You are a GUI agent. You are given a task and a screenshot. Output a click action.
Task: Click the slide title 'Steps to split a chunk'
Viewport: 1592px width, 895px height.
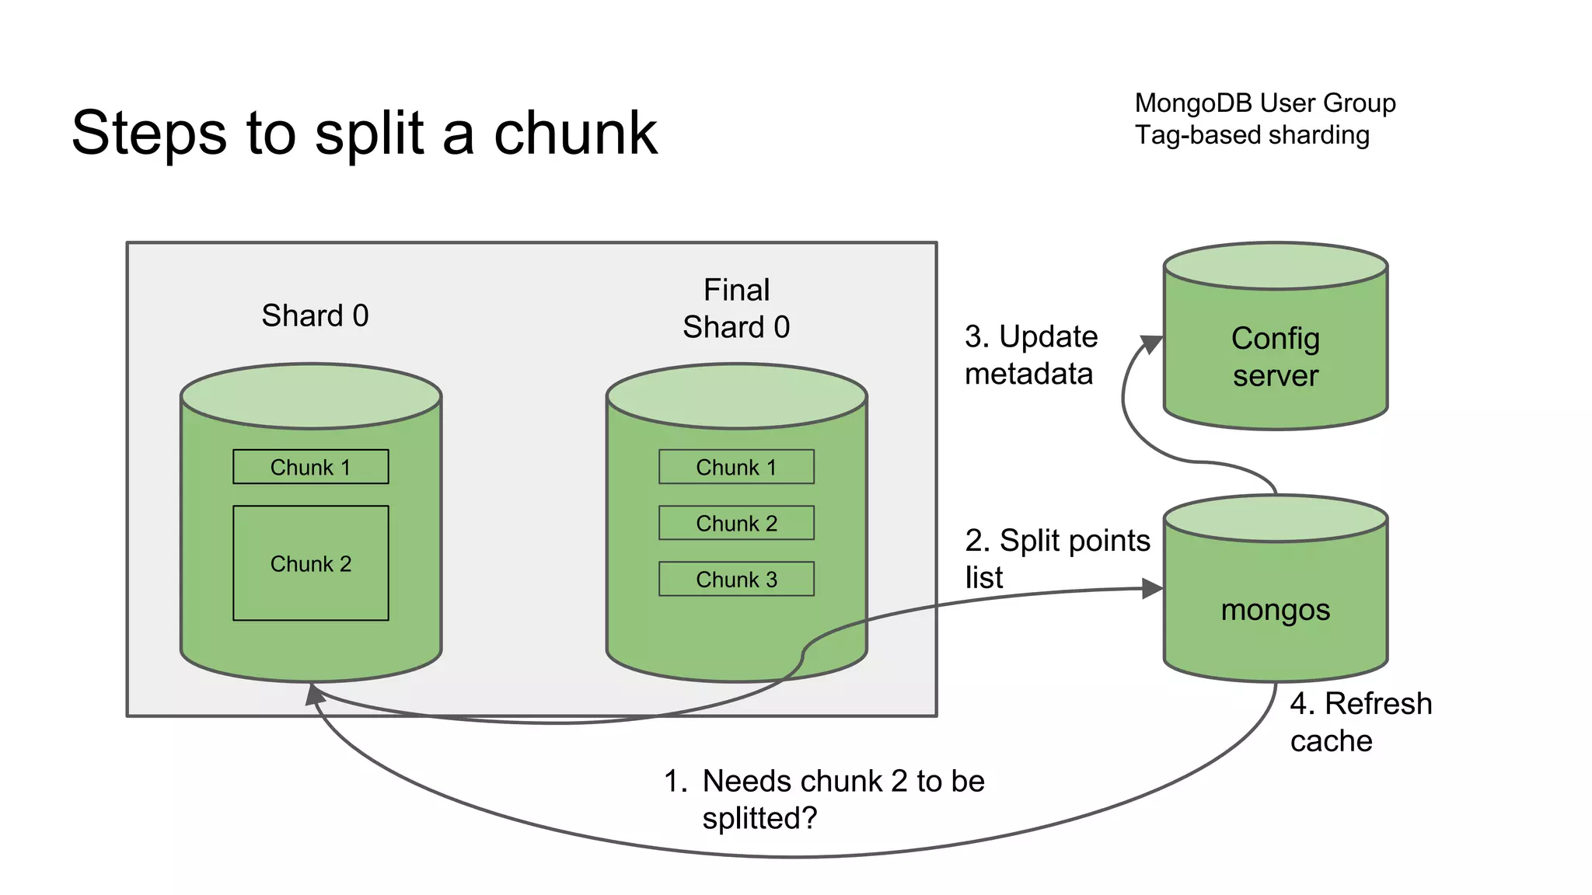364,133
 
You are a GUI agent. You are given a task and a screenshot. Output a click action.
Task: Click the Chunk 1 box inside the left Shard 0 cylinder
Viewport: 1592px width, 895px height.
310,467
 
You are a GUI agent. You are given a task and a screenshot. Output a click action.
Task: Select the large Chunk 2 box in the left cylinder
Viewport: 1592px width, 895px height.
310,563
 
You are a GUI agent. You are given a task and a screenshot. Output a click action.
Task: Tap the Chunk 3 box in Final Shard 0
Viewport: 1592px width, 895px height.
736,579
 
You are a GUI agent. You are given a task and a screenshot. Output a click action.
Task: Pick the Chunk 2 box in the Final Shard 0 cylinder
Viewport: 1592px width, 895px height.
736,523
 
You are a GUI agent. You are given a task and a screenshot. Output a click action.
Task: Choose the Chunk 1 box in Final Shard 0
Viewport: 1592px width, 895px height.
736,467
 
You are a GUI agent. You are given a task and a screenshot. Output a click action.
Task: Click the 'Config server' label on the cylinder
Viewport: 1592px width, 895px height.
1275,357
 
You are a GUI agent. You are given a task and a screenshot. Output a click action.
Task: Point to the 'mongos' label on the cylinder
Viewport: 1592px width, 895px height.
1275,610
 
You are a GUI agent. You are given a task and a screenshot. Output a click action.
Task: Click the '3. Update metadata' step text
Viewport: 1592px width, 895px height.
1031,355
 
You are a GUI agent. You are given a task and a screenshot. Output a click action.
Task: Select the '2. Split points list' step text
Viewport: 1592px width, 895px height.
1056,558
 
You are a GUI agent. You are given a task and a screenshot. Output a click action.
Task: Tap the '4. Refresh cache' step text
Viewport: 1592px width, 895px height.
1360,722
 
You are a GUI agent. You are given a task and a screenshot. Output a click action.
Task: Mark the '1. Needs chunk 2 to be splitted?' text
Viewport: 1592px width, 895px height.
824,799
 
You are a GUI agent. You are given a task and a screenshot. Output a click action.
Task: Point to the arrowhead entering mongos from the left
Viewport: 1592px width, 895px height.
1151,589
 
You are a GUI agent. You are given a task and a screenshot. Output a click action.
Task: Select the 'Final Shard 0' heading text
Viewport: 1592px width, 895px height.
736,308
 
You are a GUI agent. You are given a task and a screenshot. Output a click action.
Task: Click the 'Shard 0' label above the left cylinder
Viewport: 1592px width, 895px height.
315,315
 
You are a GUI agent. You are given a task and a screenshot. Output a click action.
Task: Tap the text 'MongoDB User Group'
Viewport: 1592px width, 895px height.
1265,103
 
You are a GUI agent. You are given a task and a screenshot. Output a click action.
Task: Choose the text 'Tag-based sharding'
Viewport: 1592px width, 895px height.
1252,135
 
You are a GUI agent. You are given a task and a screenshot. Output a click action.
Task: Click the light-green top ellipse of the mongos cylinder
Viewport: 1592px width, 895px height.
1275,518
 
